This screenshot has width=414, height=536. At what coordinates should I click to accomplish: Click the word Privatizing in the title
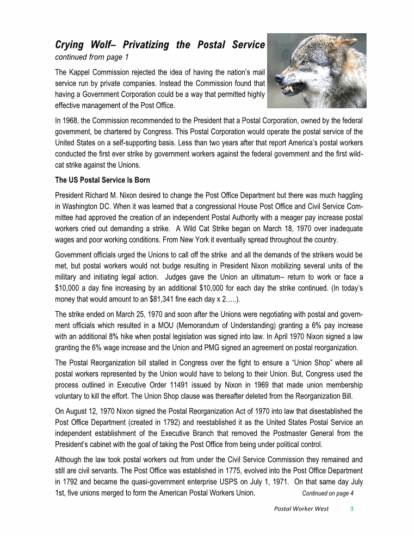tap(147, 45)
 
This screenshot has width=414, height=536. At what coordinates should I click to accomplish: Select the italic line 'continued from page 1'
tap(92, 57)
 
